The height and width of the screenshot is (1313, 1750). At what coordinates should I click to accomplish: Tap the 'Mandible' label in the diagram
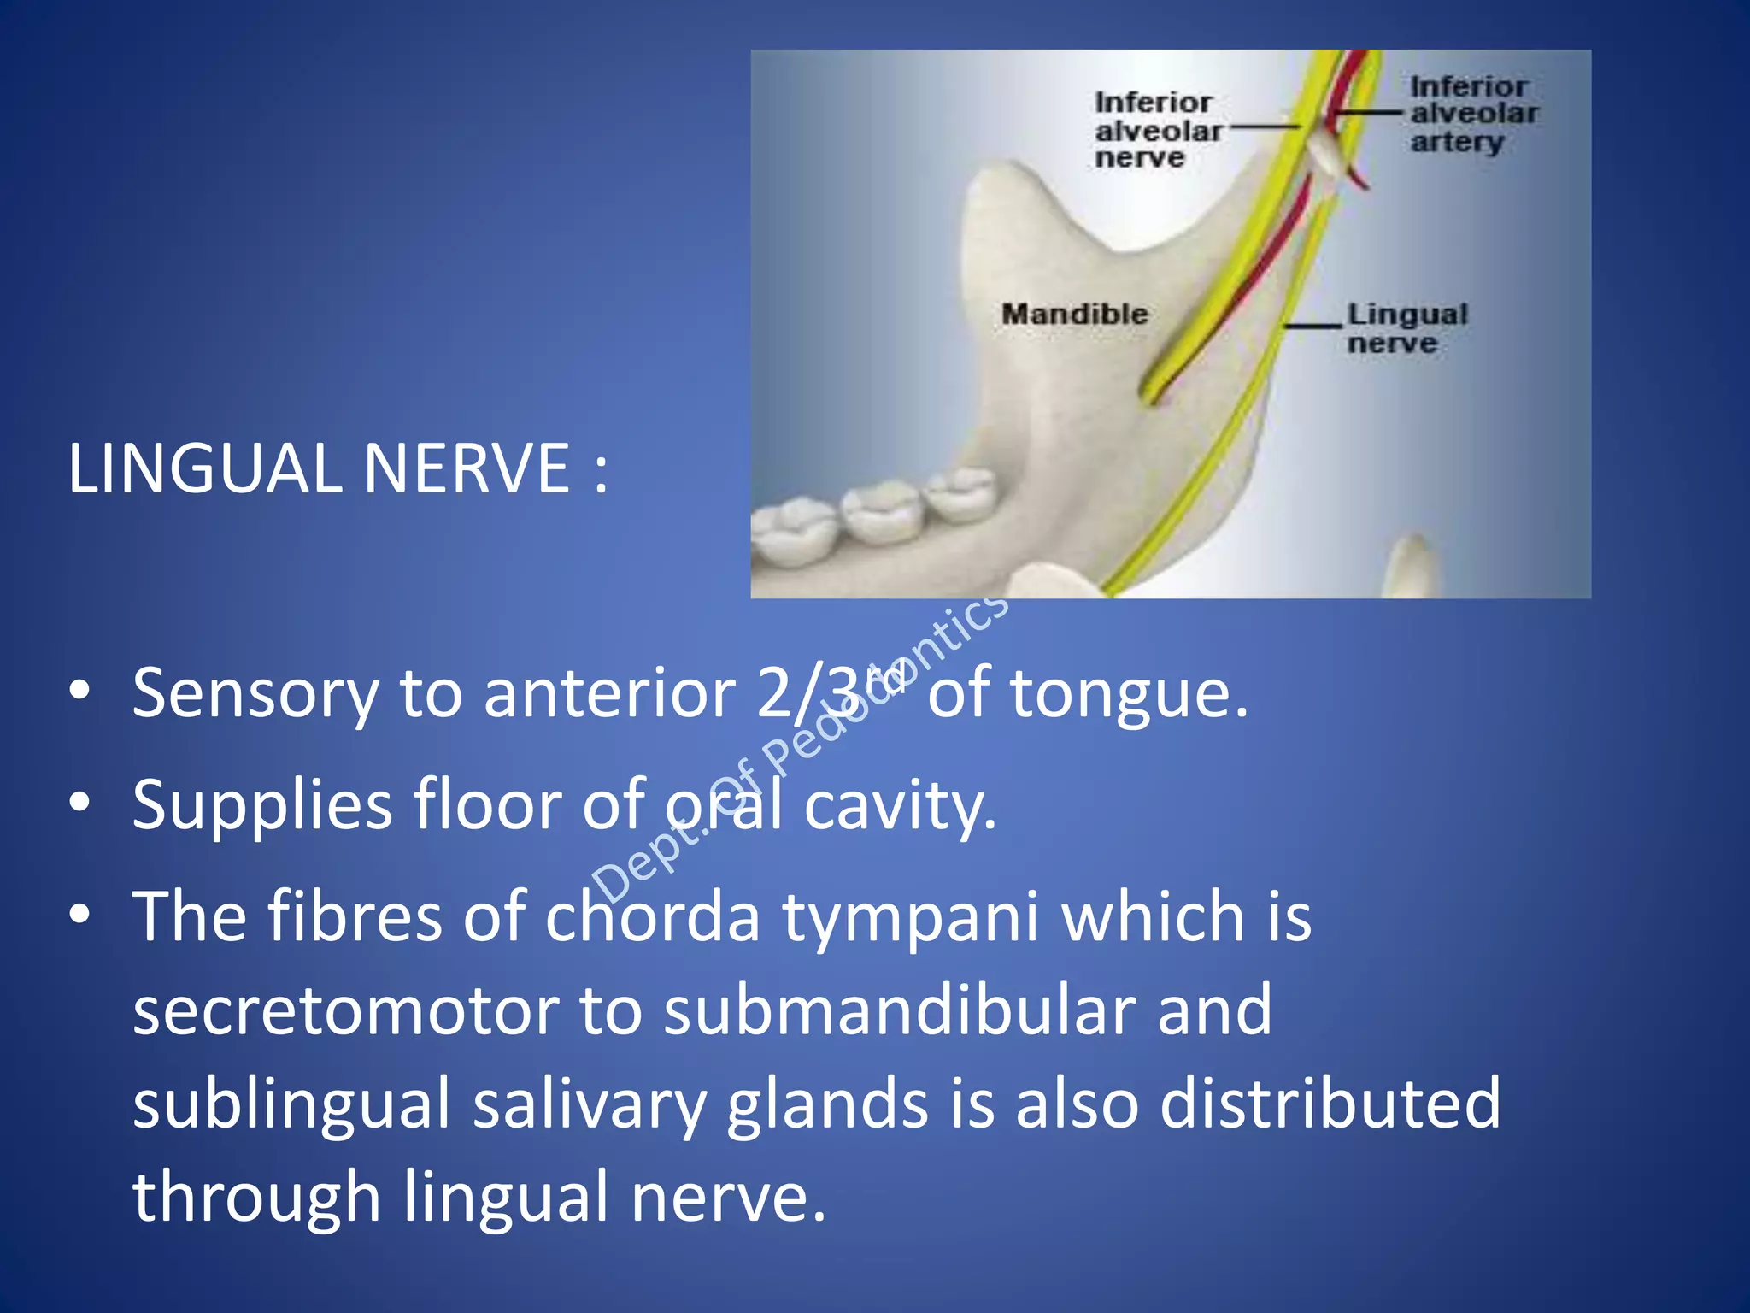click(1074, 314)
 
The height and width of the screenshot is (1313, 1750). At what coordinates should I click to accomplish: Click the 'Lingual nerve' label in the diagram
click(1406, 328)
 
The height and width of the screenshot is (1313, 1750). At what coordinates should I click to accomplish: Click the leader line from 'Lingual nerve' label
click(1313, 326)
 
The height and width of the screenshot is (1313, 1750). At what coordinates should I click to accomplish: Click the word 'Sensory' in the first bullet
click(254, 693)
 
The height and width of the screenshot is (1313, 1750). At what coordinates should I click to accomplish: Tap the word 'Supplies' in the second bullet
click(261, 805)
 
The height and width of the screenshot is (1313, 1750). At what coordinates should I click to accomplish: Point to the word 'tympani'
click(911, 916)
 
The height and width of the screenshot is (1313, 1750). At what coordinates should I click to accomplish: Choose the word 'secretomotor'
click(344, 1010)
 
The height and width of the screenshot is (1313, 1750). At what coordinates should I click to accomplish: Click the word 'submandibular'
click(899, 1010)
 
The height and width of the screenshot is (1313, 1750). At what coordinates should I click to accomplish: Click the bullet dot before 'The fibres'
click(80, 914)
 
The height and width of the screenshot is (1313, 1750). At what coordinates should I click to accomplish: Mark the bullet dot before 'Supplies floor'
click(80, 803)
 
